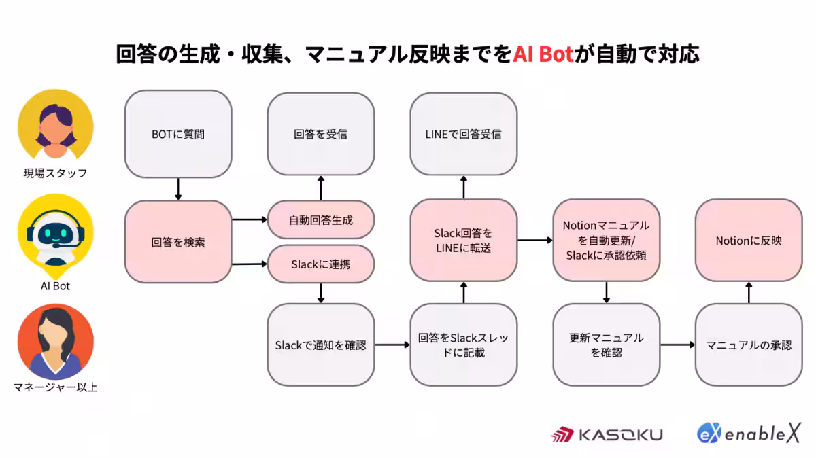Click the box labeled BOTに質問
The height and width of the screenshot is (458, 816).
coord(178,134)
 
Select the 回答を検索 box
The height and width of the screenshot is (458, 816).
coord(178,242)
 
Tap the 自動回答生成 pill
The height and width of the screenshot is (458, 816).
coord(320,220)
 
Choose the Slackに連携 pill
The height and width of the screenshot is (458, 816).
coord(320,264)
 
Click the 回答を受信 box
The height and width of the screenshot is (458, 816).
coord(320,134)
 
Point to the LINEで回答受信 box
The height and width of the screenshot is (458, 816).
coord(463,134)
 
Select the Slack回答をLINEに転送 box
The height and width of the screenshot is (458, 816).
coord(463,241)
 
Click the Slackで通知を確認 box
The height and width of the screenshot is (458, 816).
coord(320,345)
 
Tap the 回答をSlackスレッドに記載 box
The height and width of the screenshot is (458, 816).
coord(463,345)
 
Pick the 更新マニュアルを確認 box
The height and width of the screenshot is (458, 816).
coord(606,345)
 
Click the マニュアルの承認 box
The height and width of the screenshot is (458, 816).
coord(749,345)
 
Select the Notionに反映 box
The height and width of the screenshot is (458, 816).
coord(749,241)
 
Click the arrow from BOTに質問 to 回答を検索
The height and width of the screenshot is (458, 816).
coord(178,189)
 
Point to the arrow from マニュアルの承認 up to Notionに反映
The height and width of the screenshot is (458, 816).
coord(749,293)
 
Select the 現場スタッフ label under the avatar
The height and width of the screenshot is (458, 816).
coord(55,173)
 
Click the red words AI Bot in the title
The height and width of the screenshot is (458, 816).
coord(543,54)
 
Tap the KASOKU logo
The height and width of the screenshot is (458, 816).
coord(607,435)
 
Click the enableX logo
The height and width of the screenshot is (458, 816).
coord(749,434)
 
